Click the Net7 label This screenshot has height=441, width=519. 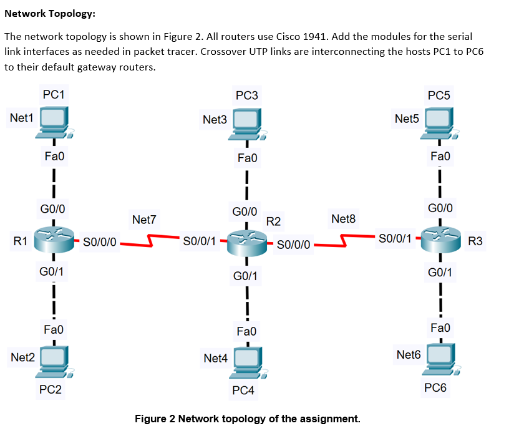click(144, 220)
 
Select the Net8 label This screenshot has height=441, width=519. click(343, 219)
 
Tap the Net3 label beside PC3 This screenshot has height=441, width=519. click(215, 119)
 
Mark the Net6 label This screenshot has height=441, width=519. click(409, 355)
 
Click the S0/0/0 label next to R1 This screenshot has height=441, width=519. click(100, 242)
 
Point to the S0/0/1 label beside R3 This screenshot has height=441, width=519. click(394, 239)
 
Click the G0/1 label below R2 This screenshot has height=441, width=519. click(246, 276)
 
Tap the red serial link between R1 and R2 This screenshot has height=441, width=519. click(149, 240)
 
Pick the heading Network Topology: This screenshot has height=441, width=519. click(50, 14)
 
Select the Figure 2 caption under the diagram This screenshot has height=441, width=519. click(248, 418)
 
